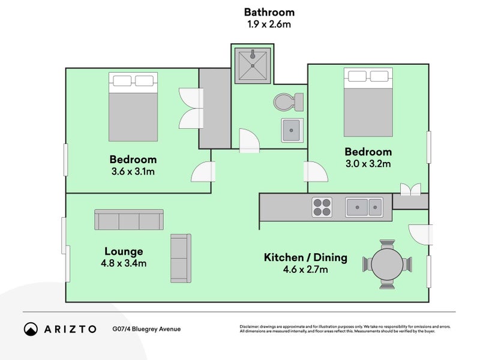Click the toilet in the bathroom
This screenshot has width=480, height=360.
point(289,102)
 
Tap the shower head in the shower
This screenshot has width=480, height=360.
point(253,55)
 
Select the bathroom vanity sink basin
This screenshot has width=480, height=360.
point(292,130)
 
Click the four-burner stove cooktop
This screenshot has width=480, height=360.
point(322,207)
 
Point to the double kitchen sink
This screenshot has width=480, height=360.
point(364,207)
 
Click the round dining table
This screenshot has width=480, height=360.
point(387,264)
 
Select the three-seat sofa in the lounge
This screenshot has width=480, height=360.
point(129,220)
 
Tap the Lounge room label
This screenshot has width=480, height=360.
point(124,251)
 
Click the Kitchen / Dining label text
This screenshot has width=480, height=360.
point(305,257)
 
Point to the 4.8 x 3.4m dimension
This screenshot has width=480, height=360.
point(124,263)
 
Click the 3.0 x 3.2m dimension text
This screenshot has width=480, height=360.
point(368,164)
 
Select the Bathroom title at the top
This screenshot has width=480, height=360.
point(269,12)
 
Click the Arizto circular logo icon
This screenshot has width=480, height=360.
point(31,329)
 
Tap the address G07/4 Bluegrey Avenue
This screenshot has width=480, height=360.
point(146,329)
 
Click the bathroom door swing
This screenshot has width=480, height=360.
point(249,140)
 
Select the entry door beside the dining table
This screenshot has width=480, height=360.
point(421,235)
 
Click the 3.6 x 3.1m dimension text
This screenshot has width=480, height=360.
point(133,172)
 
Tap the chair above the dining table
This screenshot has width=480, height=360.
point(387,245)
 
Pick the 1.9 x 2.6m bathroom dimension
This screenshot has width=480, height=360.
point(269,24)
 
